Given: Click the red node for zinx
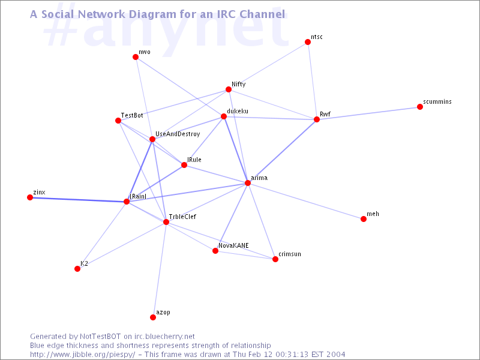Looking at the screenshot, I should click(30, 197).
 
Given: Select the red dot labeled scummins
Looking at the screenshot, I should click(420, 107).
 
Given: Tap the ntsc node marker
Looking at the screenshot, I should click(308, 42).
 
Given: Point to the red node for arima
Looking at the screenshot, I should click(247, 183).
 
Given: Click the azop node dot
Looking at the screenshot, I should click(153, 317).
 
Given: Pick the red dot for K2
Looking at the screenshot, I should click(77, 269).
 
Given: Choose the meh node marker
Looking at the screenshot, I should click(364, 219).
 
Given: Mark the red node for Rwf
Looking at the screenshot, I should click(317, 119).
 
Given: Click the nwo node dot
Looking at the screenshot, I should click(136, 57).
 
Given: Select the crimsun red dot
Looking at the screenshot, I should click(275, 259).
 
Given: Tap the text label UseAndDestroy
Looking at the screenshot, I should click(178, 134).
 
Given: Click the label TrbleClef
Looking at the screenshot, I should click(182, 217).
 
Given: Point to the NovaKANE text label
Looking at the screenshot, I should click(233, 245).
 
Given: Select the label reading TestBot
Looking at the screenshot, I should click(132, 115).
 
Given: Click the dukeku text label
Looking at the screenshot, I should click(238, 111).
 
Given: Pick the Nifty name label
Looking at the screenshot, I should click(239, 84).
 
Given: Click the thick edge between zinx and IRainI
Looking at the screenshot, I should click(78, 199).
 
